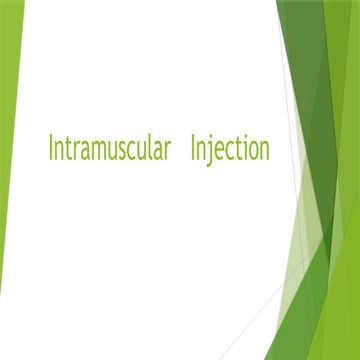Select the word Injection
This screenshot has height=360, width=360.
point(230,150)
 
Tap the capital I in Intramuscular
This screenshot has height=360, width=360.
point(51,149)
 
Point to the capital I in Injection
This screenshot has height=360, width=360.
point(193,149)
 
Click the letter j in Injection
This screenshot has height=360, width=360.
point(211,151)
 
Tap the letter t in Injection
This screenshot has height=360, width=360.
point(238,150)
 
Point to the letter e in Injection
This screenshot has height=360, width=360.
point(219,151)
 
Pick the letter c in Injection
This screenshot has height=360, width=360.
point(229,151)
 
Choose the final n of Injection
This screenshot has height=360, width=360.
point(264,151)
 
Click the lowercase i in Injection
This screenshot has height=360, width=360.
point(245,149)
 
